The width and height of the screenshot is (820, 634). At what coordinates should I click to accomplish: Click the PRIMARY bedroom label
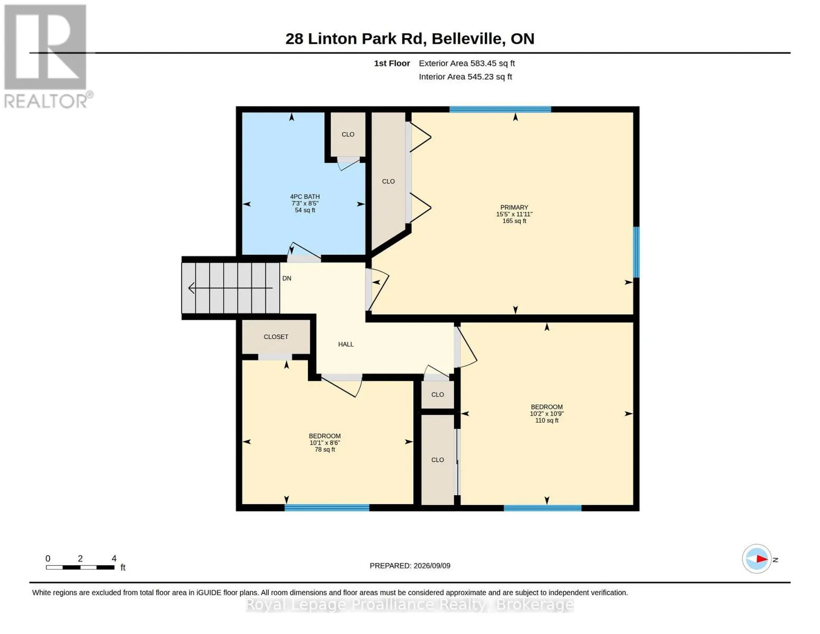[x=514, y=207]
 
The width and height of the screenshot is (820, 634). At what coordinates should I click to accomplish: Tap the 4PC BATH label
[x=305, y=197]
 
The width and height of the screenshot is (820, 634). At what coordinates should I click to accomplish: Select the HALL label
[x=346, y=344]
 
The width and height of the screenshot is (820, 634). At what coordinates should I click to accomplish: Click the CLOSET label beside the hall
[x=276, y=337]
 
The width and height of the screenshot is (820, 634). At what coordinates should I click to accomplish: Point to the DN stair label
[x=287, y=278]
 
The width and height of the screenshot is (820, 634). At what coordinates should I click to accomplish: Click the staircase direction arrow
[x=230, y=288]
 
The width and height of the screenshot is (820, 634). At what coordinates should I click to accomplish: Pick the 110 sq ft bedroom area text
[x=546, y=420]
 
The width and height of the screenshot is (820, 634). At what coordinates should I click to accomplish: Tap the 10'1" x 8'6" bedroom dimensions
[x=325, y=443]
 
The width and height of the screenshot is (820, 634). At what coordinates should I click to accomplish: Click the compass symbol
[x=756, y=559]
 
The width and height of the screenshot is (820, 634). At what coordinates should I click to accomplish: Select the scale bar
[x=80, y=567]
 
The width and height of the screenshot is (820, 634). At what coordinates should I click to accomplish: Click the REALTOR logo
[x=46, y=57]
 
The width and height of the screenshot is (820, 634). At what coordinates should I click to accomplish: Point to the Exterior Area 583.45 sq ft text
[x=467, y=63]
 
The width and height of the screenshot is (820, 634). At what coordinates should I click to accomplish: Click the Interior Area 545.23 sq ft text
[x=465, y=77]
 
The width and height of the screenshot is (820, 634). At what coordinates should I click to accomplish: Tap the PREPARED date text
[x=410, y=566]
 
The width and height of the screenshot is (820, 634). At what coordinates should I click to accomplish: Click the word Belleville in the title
[x=468, y=39]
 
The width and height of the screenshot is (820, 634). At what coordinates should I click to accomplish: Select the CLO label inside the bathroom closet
[x=348, y=134]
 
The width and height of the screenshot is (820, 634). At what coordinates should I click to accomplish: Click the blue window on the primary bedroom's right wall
[x=636, y=252]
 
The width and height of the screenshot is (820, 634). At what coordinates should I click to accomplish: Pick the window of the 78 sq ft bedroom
[x=327, y=508]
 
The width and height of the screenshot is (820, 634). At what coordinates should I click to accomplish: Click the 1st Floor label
[x=392, y=63]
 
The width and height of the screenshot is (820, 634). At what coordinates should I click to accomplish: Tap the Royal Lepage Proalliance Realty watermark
[x=410, y=604]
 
